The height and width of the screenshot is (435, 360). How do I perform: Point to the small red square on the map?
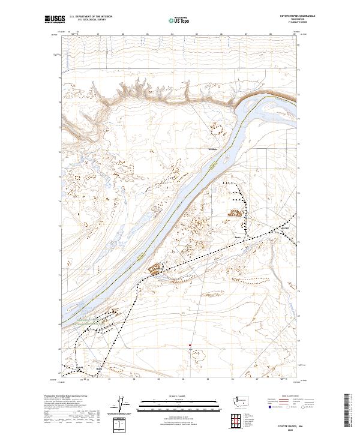coord(190,345)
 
